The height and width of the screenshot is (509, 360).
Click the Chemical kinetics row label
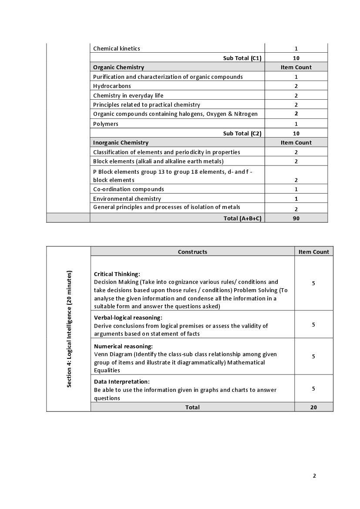117,49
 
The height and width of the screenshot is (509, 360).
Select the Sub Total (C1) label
242,58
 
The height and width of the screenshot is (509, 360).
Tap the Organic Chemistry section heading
118,67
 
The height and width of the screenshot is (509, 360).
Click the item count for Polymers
296,124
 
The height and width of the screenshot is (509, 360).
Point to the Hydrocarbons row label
112,86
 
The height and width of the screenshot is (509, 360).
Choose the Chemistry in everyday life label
128,95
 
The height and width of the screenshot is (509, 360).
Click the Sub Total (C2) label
242,133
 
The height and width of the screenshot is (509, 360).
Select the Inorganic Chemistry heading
121,142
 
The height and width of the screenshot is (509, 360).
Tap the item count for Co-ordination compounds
296,189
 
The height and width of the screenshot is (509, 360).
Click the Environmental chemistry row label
127,199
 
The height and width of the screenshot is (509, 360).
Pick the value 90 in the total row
296,218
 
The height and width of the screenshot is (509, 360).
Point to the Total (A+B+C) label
242,218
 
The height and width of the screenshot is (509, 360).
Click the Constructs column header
192,252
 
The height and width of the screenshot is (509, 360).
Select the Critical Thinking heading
117,274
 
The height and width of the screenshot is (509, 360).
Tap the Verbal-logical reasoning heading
128,317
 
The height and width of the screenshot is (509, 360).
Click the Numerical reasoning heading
123,346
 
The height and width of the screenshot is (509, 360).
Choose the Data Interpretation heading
122,381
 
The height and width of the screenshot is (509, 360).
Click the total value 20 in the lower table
313,407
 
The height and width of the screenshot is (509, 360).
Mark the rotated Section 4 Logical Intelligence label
69,329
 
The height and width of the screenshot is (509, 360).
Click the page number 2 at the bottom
314,475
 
